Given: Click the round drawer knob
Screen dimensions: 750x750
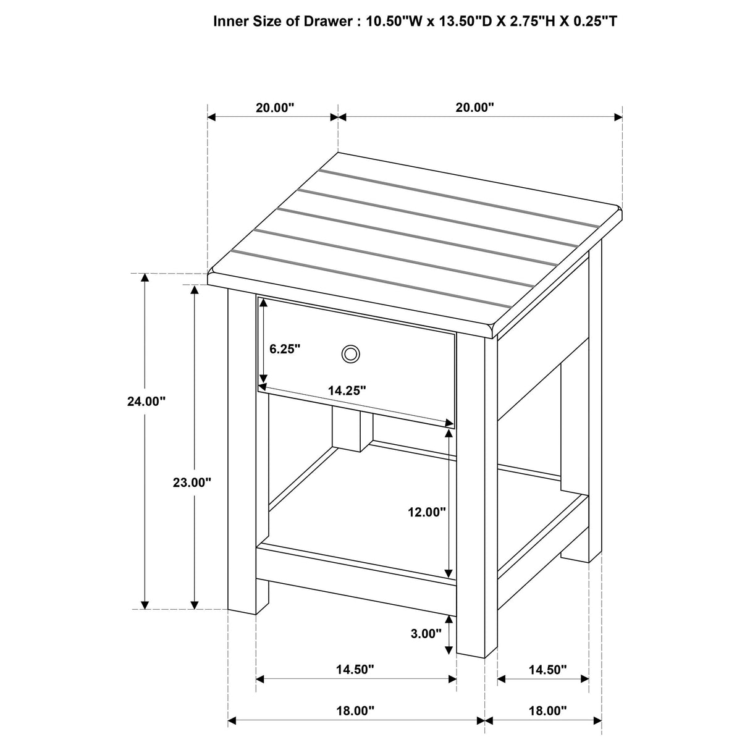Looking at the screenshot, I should tap(350, 354).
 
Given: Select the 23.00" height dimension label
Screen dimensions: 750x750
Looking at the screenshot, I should tap(192, 482).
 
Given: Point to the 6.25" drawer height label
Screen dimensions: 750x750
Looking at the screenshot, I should tap(285, 348).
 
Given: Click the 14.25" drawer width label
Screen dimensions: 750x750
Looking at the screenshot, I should tap(347, 390).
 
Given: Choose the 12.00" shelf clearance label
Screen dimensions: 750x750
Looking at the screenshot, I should tap(426, 512).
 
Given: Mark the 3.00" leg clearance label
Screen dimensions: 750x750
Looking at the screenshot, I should tap(426, 633).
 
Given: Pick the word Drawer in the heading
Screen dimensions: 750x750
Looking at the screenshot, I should tap(326, 22).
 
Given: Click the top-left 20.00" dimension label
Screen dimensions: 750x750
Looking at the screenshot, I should tap(275, 107).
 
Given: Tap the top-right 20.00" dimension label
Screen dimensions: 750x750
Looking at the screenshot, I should tap(475, 107).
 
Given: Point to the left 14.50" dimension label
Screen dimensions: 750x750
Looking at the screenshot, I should tap(355, 670).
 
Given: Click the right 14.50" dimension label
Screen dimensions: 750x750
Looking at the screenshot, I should tap(547, 670).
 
